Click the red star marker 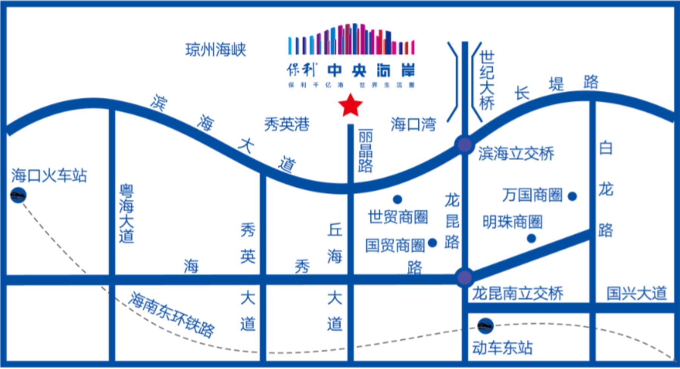point(351,105)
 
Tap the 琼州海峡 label point(216,50)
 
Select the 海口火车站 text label point(49,175)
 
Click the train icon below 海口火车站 point(18,195)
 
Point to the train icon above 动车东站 point(485,326)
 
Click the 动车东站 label point(502,347)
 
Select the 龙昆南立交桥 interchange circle point(464,277)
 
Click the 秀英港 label point(287,124)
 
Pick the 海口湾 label point(413,124)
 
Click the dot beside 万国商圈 point(572,196)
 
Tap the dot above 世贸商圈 point(397,199)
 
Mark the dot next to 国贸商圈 point(432,243)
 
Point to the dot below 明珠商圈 point(532,239)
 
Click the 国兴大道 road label point(636,293)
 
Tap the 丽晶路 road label point(365,151)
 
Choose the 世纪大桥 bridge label point(487,80)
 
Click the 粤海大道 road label point(126,214)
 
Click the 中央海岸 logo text point(371,71)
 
